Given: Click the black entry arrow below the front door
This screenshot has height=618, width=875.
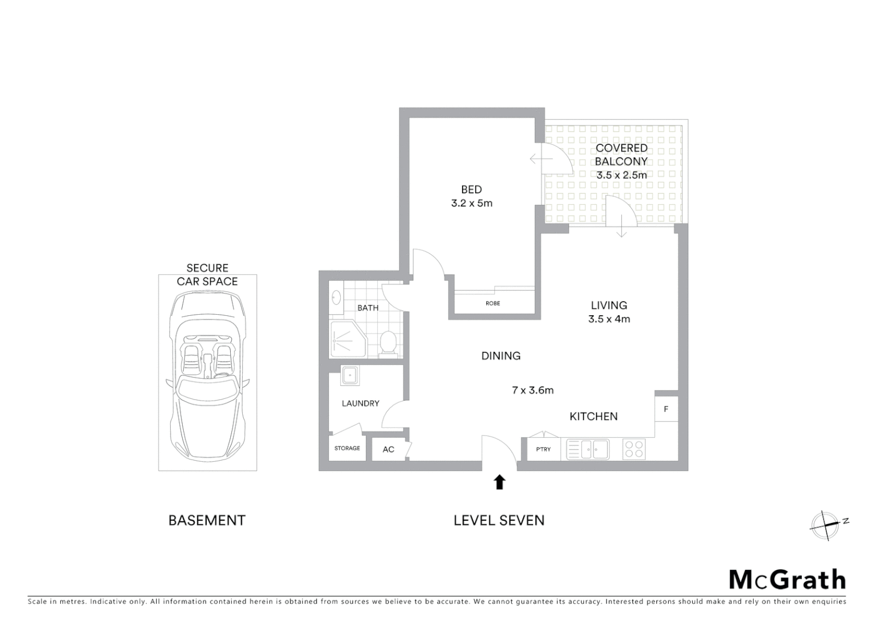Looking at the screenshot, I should click(499, 482).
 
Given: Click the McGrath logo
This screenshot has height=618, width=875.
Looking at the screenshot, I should click(787, 580).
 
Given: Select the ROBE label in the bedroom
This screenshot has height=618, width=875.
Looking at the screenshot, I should click(492, 303).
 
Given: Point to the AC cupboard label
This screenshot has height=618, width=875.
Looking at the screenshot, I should click(388, 449).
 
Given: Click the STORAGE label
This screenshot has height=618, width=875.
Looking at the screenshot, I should click(347, 448).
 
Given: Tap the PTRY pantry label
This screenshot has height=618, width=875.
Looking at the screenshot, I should click(543, 449).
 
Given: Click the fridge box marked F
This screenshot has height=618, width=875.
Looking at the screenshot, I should click(666, 409).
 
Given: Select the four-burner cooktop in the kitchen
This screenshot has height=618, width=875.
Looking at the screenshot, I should click(634, 449).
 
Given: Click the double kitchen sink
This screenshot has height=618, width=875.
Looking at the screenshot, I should click(588, 449).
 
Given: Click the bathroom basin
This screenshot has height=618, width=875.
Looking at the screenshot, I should click(336, 298).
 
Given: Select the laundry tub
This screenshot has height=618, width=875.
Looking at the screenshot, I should click(349, 375).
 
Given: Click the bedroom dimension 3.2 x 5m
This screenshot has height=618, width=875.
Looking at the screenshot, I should click(471, 203).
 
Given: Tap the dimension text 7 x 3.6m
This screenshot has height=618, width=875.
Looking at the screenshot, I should click(533, 390).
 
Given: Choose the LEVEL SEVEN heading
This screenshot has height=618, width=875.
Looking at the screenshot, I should click(499, 520).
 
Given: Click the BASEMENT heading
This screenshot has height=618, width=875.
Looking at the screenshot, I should click(207, 520).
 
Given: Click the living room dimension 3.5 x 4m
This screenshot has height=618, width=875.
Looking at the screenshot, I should click(609, 319).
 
